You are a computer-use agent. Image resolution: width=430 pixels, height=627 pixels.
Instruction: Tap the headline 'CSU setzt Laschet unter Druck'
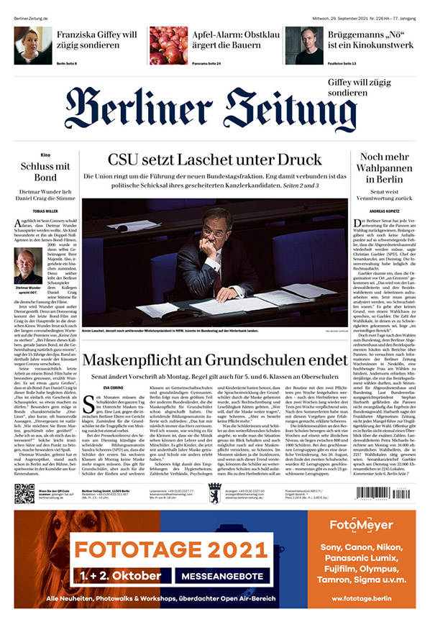[x=214, y=160]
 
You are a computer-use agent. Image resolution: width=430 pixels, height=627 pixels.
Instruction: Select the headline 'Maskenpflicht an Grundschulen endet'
[x=214, y=359]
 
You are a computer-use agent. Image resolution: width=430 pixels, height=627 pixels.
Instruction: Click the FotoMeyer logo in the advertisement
[x=362, y=544]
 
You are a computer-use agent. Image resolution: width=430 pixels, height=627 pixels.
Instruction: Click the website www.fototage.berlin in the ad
[x=362, y=598]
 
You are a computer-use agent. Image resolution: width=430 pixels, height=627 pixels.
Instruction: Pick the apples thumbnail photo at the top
[x=168, y=45]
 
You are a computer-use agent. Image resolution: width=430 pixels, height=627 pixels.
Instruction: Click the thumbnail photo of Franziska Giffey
[x=32, y=45]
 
